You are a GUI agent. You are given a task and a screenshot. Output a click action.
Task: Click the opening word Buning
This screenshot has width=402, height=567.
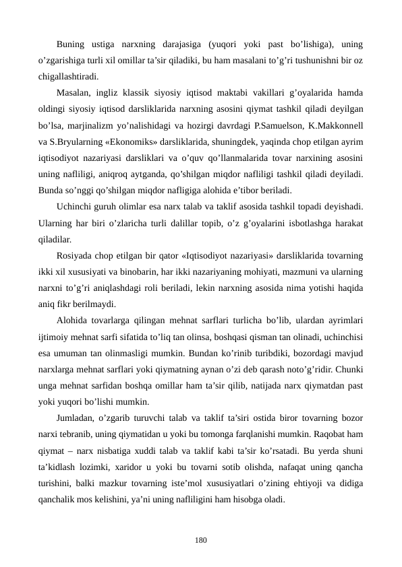coord(73,45)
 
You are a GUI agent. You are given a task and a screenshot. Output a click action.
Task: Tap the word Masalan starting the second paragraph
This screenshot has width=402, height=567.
coord(75,93)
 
